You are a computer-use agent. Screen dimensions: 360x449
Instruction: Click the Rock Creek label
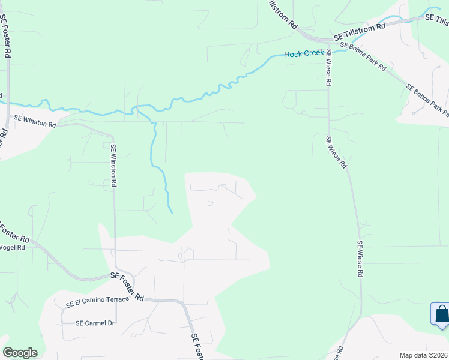(305, 54)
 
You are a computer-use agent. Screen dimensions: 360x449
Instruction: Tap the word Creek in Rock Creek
(314, 54)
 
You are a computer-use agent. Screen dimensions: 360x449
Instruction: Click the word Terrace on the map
(115, 299)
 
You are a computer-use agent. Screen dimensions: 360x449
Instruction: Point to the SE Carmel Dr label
(95, 323)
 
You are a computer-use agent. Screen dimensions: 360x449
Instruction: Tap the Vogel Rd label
(12, 247)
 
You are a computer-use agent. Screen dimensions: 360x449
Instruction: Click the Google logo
(20, 353)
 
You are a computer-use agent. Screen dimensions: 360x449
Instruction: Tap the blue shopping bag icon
(441, 314)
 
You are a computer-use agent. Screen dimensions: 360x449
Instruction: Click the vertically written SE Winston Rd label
(113, 165)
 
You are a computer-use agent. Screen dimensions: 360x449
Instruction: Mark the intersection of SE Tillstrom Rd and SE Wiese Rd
(329, 40)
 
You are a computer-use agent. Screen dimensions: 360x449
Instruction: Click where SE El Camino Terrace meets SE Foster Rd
(146, 299)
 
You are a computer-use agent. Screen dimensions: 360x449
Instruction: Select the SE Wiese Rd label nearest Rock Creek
(329, 69)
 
